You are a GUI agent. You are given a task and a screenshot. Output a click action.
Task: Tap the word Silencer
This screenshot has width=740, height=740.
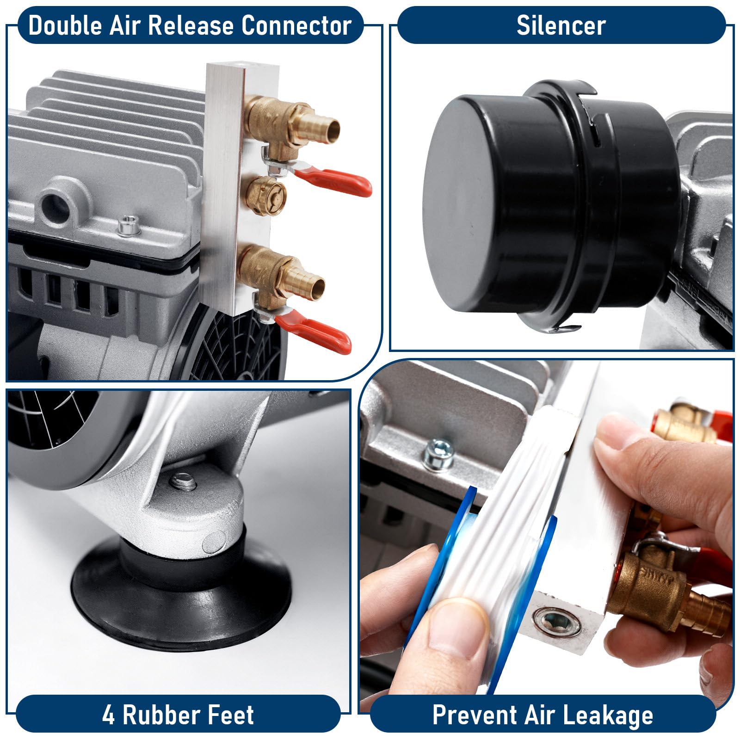(561, 25)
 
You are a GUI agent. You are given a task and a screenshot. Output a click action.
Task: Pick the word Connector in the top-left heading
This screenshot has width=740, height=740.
(296, 25)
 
